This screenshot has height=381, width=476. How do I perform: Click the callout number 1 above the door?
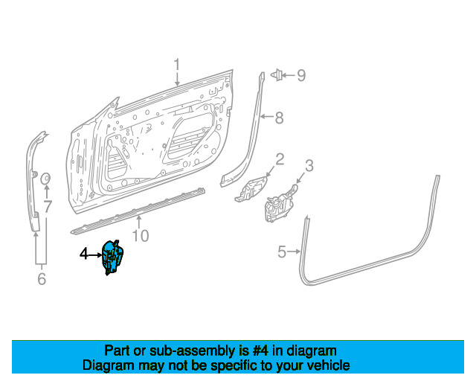[177, 65]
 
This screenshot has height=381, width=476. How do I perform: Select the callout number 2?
[280, 159]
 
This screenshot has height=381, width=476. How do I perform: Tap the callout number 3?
[309, 166]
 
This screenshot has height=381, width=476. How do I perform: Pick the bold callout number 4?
[84, 254]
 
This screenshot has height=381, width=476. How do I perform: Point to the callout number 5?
[282, 252]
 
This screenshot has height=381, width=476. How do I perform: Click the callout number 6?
[42, 278]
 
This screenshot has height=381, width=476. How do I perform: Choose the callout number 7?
[48, 207]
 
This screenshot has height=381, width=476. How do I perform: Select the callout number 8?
[280, 118]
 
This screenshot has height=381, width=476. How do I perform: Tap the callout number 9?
[301, 75]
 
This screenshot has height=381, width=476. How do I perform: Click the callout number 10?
[141, 236]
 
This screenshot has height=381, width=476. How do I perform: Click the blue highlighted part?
[112, 257]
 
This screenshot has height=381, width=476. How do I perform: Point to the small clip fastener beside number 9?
[277, 74]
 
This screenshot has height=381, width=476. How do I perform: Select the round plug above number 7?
[45, 179]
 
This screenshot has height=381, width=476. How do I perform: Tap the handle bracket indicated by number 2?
[251, 189]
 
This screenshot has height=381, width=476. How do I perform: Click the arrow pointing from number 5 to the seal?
[294, 252]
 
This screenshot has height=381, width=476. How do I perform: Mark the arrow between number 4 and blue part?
[95, 254]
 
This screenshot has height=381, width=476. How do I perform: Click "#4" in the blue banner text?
[260, 351]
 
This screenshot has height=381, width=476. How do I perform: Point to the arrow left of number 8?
[267, 116]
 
